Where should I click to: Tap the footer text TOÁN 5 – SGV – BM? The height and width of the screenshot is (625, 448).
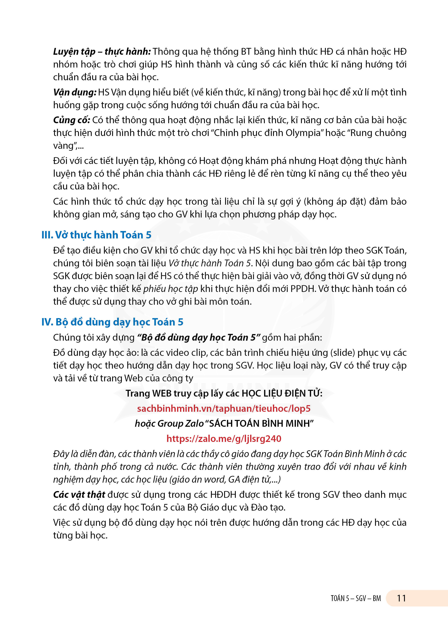356,599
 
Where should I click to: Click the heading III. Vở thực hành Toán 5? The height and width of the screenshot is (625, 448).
96,235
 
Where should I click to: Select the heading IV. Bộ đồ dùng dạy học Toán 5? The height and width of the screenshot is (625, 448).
112,322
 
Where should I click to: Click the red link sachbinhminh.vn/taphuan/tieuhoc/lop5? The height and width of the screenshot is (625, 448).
224,408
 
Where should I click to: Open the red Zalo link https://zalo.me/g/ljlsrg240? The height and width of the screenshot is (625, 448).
224,438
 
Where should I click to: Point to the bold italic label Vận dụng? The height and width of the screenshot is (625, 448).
75,92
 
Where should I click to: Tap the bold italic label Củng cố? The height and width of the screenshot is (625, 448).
72,120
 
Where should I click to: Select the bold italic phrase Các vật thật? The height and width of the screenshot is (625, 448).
79,495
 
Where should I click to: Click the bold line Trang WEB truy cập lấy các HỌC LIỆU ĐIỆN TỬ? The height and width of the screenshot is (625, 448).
224,393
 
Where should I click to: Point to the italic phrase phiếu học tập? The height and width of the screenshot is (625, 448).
170,289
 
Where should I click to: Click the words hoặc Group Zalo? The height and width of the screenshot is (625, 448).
169,424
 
